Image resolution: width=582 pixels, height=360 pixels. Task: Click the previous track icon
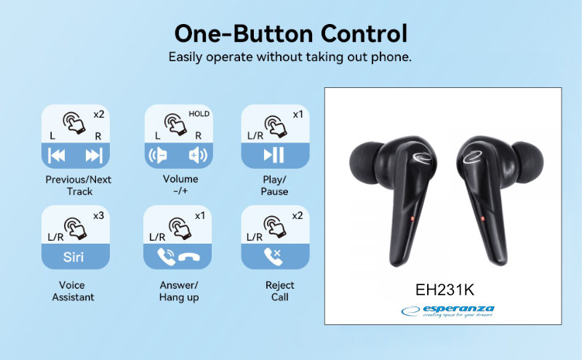pos(57,156)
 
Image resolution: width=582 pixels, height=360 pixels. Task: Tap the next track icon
pos(94,156)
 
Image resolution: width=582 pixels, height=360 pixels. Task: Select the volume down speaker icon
pos(158,155)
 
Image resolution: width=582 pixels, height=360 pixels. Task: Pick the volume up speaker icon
pos(198,155)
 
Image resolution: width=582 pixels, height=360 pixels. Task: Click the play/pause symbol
pos(274,155)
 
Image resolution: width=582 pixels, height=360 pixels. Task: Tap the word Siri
pos(73,257)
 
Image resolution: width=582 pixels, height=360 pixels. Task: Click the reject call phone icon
pos(273,257)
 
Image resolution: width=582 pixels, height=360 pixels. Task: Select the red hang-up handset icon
pos(189,257)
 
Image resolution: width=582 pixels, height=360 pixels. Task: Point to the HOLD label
pos(199,114)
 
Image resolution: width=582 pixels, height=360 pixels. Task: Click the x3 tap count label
pos(99,215)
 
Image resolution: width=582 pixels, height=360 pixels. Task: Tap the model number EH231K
pos(445,290)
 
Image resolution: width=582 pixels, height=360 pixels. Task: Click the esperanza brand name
pos(458,309)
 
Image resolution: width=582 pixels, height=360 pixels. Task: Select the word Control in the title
pos(364,33)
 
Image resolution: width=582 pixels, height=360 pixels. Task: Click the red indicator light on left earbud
pos(412,219)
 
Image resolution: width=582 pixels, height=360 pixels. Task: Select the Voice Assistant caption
pos(73,291)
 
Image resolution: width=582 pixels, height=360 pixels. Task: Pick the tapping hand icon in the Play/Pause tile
pos(276,127)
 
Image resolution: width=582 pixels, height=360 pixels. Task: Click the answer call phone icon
pos(166,257)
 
